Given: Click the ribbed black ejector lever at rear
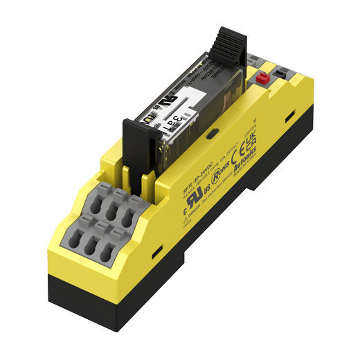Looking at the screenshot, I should click(228, 42).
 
